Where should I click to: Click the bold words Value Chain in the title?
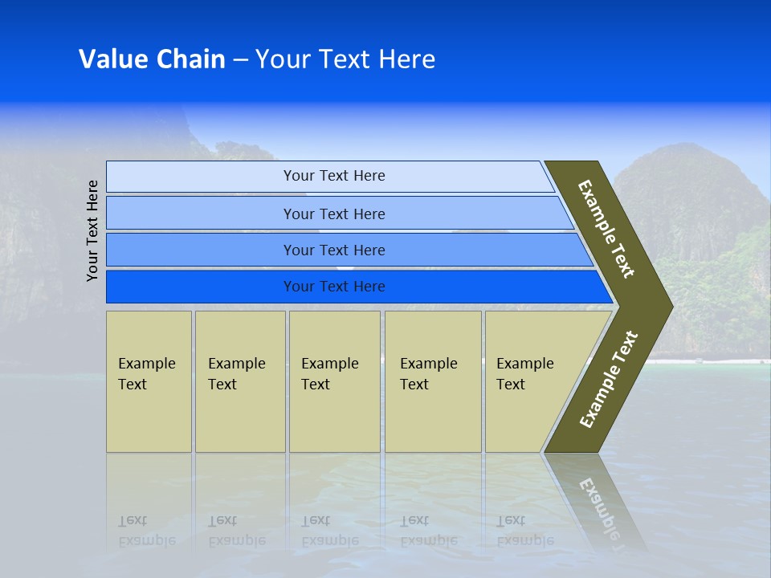click(x=152, y=59)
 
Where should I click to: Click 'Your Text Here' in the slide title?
click(x=345, y=59)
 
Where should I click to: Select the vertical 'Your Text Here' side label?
click(x=93, y=230)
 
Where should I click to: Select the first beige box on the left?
click(x=149, y=381)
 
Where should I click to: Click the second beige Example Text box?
click(x=240, y=381)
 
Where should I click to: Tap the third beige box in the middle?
click(x=334, y=381)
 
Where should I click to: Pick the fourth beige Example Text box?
click(x=433, y=381)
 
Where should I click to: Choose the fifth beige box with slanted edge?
click(x=530, y=381)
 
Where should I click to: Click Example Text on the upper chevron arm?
click(x=606, y=229)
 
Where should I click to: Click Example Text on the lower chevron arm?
click(x=609, y=379)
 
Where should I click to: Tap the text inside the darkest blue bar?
click(x=334, y=287)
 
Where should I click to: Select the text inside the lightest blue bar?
click(x=334, y=176)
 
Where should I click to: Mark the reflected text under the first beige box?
click(x=146, y=531)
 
